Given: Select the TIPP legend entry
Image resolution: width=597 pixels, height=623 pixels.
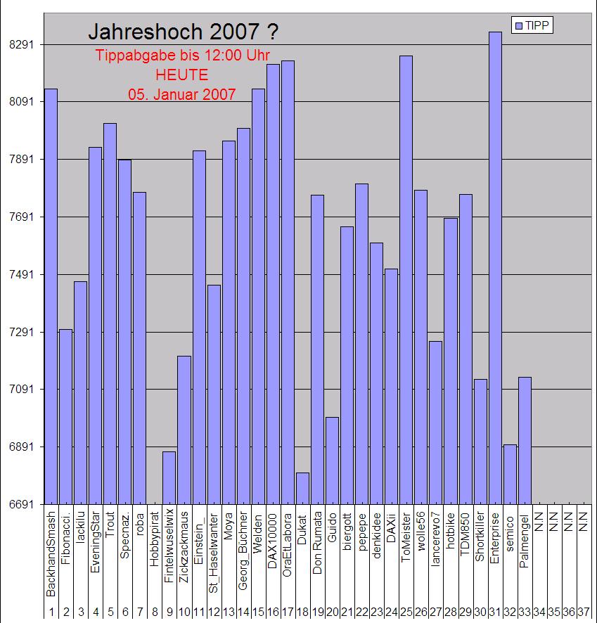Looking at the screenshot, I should (x=533, y=26).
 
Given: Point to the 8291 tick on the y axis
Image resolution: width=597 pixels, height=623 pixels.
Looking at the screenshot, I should (x=22, y=45).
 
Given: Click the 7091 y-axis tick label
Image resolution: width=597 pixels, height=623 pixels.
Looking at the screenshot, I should (x=22, y=390).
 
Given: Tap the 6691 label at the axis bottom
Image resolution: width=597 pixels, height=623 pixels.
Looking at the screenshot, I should (x=22, y=505).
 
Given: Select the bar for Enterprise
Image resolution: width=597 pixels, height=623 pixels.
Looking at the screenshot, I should (x=495, y=267).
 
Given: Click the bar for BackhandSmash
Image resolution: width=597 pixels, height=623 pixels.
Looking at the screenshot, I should (x=51, y=295).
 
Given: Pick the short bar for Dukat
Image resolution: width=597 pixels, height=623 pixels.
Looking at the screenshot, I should (x=302, y=489).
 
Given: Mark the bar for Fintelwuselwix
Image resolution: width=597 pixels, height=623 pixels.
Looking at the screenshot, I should (x=169, y=478).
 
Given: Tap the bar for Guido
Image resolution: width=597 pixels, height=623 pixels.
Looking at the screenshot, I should (x=332, y=461).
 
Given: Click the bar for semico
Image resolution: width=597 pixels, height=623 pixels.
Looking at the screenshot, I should (x=510, y=475).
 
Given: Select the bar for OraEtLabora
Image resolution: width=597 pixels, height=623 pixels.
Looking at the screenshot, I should (x=288, y=281).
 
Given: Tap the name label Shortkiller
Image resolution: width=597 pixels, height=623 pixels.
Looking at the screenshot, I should (x=480, y=555).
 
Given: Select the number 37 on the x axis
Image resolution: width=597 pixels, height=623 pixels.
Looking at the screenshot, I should (x=583, y=613).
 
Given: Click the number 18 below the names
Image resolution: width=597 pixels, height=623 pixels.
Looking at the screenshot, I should (x=302, y=613).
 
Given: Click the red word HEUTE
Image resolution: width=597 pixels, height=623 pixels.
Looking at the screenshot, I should (x=182, y=75).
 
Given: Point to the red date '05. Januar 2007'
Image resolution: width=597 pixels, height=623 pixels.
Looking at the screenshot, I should (x=182, y=94).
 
